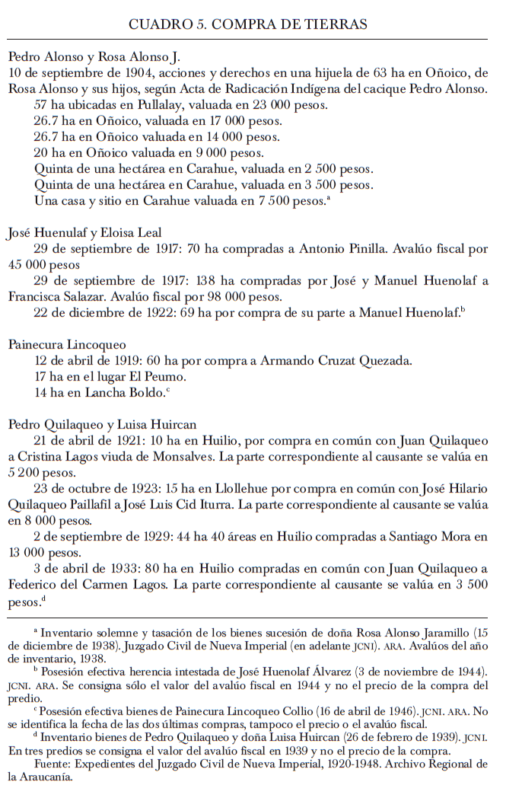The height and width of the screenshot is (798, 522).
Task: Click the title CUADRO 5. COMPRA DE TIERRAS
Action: tap(248, 24)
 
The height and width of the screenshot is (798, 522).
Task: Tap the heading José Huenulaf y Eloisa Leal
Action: tap(84, 233)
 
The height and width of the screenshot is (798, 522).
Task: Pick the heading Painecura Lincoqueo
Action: tap(67, 345)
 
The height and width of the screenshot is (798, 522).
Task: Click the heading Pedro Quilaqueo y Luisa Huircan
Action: tap(103, 425)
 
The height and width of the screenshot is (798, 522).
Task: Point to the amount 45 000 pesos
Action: tap(43, 265)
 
